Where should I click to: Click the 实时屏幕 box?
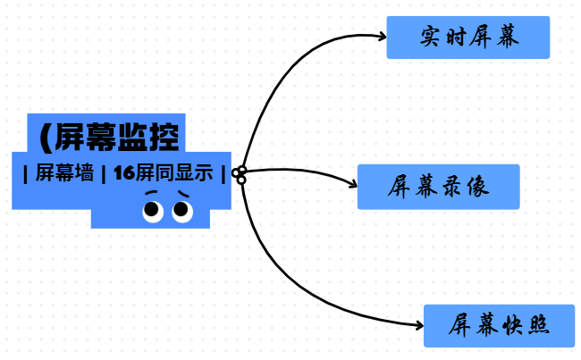tap(467, 38)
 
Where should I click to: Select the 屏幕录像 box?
tap(438, 187)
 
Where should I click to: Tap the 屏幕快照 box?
tap(498, 326)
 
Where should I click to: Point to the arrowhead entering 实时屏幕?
tap(382, 37)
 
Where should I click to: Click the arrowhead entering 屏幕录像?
tap(353, 186)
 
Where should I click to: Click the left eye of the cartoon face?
tap(153, 211)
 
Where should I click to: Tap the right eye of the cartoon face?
tap(181, 211)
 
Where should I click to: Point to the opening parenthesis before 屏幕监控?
tap(46, 138)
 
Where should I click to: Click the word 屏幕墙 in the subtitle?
tap(65, 174)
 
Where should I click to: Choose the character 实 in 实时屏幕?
tap(432, 38)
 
